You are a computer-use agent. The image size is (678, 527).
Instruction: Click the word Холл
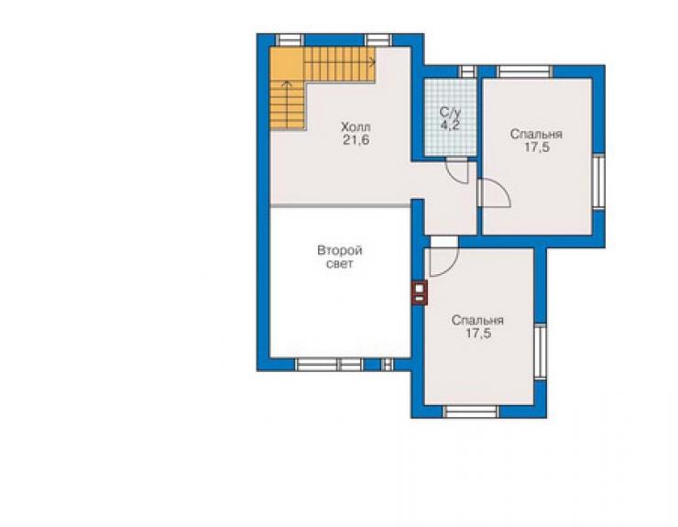pos(355,127)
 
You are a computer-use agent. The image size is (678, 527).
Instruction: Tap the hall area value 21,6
pos(356,140)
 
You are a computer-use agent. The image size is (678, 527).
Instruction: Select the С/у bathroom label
pos(450,113)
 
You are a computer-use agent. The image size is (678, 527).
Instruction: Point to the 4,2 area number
pos(450,125)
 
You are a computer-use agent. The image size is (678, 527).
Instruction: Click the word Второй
pos(340,250)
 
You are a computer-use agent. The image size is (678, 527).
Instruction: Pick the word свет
pos(339,264)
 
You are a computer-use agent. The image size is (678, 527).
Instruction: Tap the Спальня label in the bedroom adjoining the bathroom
pos(536,134)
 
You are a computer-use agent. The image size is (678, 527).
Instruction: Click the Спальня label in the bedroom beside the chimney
pos(477,320)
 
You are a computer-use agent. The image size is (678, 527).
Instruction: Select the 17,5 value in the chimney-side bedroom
pos(478,334)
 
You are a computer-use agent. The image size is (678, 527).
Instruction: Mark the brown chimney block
pos(420,293)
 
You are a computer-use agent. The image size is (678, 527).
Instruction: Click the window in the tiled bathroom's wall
pos(467,71)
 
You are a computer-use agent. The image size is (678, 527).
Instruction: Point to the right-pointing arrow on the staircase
pos(371,62)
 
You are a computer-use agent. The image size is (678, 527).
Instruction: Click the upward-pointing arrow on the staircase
pos(287,84)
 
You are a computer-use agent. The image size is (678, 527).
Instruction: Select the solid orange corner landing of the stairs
pos(287,63)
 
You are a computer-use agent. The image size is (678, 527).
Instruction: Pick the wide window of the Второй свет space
pos(329,365)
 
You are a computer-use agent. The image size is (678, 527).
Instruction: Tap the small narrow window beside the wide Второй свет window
pos(388,365)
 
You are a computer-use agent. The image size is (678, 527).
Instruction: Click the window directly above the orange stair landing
pos(290,40)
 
